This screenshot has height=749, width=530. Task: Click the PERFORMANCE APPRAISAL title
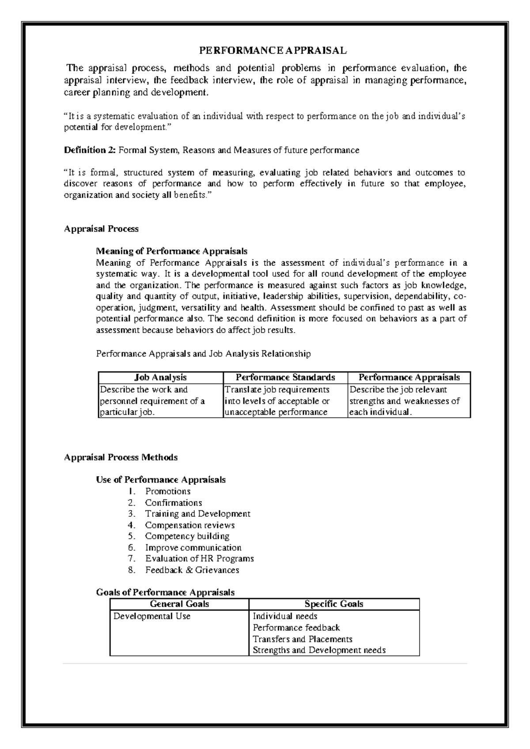pyautogui.click(x=273, y=50)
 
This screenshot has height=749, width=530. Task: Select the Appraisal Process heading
pyautogui.click(x=101, y=229)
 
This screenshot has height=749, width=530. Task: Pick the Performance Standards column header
pyautogui.click(x=285, y=377)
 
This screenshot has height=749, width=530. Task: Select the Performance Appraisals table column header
pyautogui.click(x=409, y=377)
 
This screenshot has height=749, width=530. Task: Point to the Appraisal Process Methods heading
pyautogui.click(x=121, y=457)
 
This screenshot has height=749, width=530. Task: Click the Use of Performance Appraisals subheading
pyautogui.click(x=161, y=480)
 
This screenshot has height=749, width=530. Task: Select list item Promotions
pyautogui.click(x=168, y=491)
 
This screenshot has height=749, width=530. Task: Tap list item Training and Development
pyautogui.click(x=197, y=514)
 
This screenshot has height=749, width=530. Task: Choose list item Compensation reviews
pyautogui.click(x=189, y=525)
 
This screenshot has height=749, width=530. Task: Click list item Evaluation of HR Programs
pyautogui.click(x=199, y=558)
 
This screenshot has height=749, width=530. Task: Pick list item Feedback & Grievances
pyautogui.click(x=192, y=570)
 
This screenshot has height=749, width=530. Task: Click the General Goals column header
pyautogui.click(x=179, y=604)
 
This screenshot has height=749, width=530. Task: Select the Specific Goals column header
pyautogui.click(x=334, y=604)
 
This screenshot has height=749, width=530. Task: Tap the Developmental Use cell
pyautogui.click(x=152, y=616)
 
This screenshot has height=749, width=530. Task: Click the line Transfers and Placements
pyautogui.click(x=302, y=639)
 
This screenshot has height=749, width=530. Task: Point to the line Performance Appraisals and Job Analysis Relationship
pyautogui.click(x=203, y=354)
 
